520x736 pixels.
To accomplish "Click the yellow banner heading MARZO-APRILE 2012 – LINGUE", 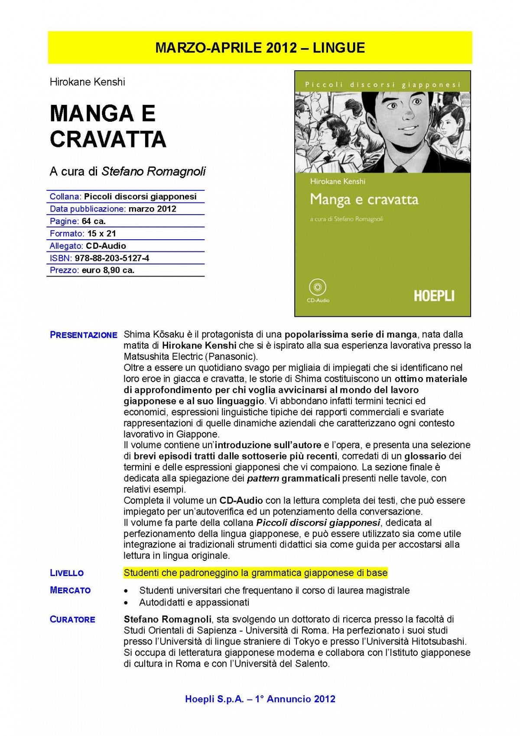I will coord(260,48).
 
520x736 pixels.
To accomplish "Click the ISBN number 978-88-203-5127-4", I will coord(112,258).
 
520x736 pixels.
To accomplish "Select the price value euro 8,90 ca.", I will coord(108,270).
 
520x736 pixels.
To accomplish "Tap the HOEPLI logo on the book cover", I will coord(434,296).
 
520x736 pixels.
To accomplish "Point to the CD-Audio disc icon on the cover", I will coord(318,287).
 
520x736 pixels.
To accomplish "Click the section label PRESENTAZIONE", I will coord(84,335).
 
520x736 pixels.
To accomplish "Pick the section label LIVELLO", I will coord(67,573).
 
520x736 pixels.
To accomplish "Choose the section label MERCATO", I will coord(70,590).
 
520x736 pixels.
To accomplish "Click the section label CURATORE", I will coord(72,619).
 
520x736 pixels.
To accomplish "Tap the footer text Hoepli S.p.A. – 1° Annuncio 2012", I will coord(260,699).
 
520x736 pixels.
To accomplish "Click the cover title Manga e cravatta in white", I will coord(364,200).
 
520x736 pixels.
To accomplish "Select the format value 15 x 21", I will coord(101,234).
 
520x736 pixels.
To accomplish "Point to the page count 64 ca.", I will coord(94,221).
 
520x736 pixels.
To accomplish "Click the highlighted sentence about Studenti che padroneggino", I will coord(255,573).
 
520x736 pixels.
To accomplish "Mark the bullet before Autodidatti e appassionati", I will coord(126,603).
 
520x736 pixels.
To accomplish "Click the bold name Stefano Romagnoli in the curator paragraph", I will coord(167,619).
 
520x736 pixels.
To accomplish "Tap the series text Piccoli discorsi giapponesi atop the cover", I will coord(382,85).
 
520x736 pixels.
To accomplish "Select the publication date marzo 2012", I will coord(152,209).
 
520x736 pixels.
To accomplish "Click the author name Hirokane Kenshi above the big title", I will coord(87,82).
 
